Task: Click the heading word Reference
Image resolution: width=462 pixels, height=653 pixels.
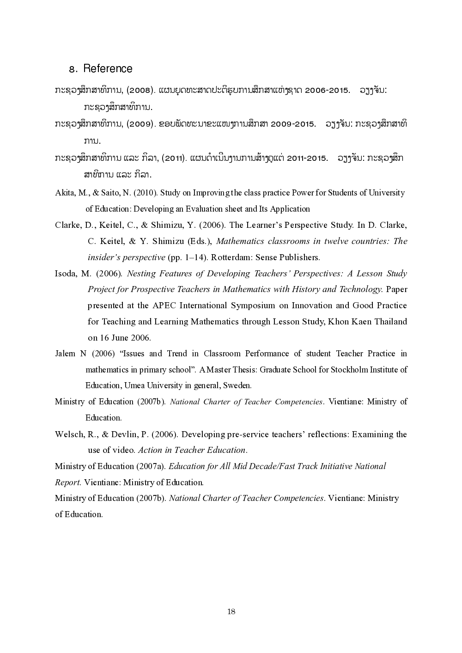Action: tap(108, 69)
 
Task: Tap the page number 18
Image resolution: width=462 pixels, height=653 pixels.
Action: tap(231, 611)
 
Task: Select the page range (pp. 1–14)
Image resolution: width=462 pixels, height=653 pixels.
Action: tap(187, 257)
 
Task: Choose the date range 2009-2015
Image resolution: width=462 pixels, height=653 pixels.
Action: tap(293, 124)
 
